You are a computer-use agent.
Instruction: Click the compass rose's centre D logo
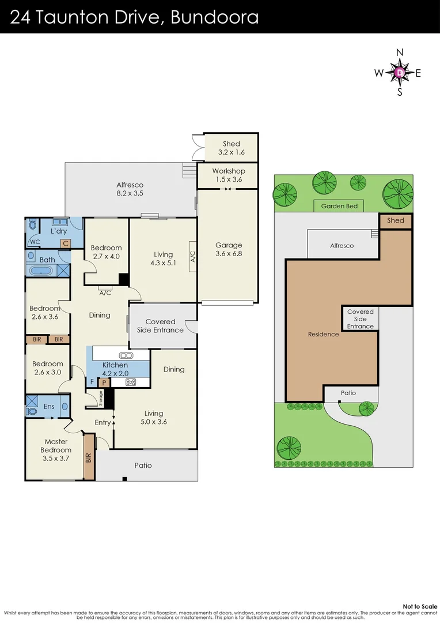[x=400, y=73]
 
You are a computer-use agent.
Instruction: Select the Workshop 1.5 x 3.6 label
[x=229, y=175]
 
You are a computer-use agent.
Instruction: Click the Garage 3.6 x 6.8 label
[x=229, y=249]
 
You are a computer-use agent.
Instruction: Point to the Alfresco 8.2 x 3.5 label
[x=130, y=189]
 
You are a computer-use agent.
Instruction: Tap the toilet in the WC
[x=33, y=225]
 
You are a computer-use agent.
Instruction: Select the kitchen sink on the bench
[x=126, y=355]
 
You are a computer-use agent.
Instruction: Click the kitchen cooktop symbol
[x=131, y=381]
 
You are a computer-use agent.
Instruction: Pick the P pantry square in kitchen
[x=104, y=382]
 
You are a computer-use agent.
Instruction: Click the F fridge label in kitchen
[x=92, y=382]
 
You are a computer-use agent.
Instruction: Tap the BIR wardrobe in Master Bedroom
[x=89, y=457]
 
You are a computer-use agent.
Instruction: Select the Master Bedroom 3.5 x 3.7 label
[x=56, y=450]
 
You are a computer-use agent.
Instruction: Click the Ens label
[x=50, y=407]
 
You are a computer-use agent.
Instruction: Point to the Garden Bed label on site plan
[x=340, y=206]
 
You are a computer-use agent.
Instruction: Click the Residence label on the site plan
[x=323, y=334]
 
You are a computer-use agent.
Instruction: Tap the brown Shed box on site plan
[x=395, y=220]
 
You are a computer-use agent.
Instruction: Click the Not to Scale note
[x=420, y=606]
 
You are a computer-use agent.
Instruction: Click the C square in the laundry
[x=66, y=243]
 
